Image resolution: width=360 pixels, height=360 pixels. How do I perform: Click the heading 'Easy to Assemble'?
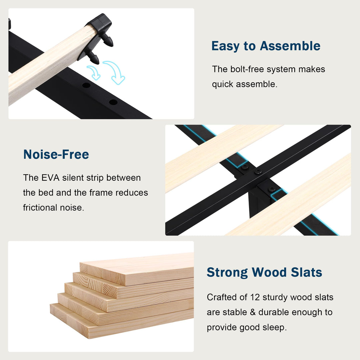point(266,46)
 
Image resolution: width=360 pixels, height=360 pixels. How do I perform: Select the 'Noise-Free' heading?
point(56,154)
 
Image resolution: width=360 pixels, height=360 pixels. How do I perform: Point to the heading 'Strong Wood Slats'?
point(264,272)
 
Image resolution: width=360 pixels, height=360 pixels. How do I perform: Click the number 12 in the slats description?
point(255,297)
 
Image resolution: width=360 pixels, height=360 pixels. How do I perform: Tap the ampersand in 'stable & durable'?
point(253,312)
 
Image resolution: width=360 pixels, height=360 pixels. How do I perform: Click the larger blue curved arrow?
point(115,72)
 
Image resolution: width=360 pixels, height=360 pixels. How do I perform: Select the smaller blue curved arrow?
point(94,72)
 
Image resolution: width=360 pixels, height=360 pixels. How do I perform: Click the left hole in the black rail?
point(86,85)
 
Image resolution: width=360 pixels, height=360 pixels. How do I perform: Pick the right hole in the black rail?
point(113,102)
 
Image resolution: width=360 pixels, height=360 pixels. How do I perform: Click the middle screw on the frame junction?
point(258,172)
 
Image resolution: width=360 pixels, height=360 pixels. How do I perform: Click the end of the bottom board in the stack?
point(69,321)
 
